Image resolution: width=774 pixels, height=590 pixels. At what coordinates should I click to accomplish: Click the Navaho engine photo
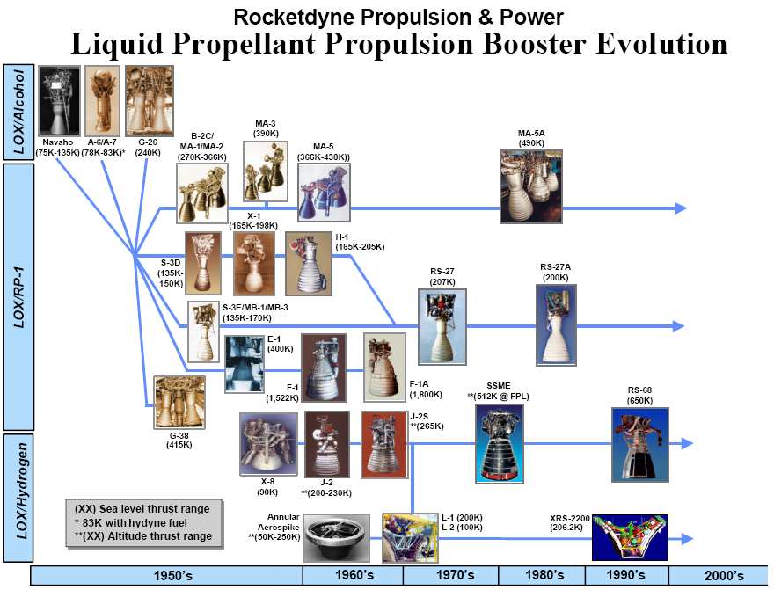pyautogui.click(x=59, y=100)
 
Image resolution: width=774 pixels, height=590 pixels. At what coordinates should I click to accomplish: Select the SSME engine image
pyautogui.click(x=499, y=443)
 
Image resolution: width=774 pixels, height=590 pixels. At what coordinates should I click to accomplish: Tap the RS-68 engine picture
pyautogui.click(x=639, y=444)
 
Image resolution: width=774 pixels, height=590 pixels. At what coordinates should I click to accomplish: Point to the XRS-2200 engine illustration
pyautogui.click(x=630, y=538)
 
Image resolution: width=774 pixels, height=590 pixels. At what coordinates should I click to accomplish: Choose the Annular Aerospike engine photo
pyautogui.click(x=336, y=538)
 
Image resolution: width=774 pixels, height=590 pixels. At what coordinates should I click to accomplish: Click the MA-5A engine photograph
pyautogui.click(x=531, y=186)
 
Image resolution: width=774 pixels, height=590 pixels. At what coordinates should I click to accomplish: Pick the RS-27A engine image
pyautogui.click(x=556, y=325)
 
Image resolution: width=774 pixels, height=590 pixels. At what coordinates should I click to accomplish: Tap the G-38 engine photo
pyautogui.click(x=179, y=402)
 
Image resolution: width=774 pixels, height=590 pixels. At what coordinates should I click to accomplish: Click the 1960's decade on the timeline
pyautogui.click(x=354, y=575)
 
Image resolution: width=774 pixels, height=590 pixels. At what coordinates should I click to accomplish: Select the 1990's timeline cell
pyautogui.click(x=626, y=575)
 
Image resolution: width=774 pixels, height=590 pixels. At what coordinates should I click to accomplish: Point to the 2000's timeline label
pyautogui.click(x=724, y=576)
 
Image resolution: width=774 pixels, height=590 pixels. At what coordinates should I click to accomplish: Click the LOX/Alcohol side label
pyautogui.click(x=18, y=112)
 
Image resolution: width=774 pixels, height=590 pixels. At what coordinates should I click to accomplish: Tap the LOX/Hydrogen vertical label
pyautogui.click(x=18, y=498)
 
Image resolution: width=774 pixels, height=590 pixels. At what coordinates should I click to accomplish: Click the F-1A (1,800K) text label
pyautogui.click(x=426, y=390)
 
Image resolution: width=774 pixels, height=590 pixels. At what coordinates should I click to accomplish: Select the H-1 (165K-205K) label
pyautogui.click(x=360, y=242)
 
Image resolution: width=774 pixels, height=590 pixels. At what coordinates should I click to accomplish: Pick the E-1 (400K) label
pyautogui.click(x=280, y=344)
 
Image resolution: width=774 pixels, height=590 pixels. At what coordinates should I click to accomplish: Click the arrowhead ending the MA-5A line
pyautogui.click(x=681, y=208)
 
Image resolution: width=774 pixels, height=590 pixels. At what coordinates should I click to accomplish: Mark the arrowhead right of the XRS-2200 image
pyautogui.click(x=687, y=538)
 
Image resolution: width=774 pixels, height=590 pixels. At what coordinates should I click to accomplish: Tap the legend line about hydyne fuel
pyautogui.click(x=131, y=522)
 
